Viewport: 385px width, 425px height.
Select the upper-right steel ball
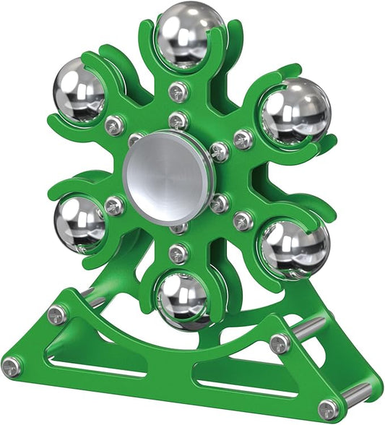tap(296, 110)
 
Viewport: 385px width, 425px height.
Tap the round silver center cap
tap(168, 176)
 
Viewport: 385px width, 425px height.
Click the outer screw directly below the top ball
tap(178, 91)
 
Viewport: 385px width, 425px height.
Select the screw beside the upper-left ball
tap(114, 126)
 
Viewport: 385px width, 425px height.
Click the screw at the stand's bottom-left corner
tap(12, 367)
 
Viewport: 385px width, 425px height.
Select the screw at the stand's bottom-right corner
tap(329, 410)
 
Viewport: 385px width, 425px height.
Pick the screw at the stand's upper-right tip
tap(280, 343)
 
